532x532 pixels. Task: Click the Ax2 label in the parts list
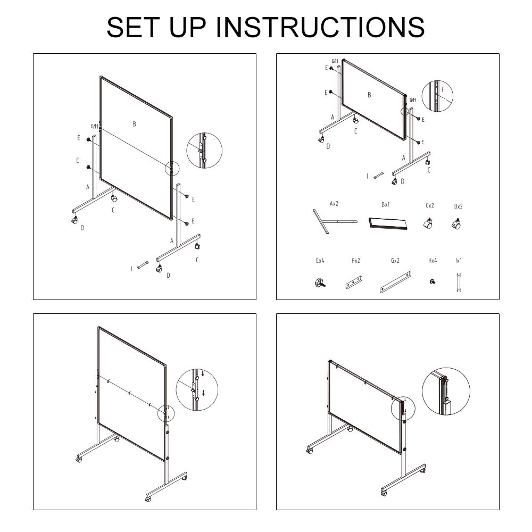(x=334, y=204)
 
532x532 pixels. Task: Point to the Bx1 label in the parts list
(x=386, y=204)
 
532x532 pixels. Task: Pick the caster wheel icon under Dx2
(x=456, y=225)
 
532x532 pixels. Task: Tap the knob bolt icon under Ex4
(x=319, y=282)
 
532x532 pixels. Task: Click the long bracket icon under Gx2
(x=395, y=282)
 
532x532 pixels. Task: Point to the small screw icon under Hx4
(x=433, y=281)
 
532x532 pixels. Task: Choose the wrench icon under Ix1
(x=459, y=282)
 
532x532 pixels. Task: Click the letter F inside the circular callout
(x=443, y=90)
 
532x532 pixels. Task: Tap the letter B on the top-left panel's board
(x=135, y=124)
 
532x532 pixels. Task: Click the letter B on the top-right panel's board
(x=369, y=95)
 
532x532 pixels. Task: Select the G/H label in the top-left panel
(x=94, y=126)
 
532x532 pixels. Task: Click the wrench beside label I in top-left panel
(x=142, y=265)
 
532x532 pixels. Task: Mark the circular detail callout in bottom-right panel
(x=446, y=392)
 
